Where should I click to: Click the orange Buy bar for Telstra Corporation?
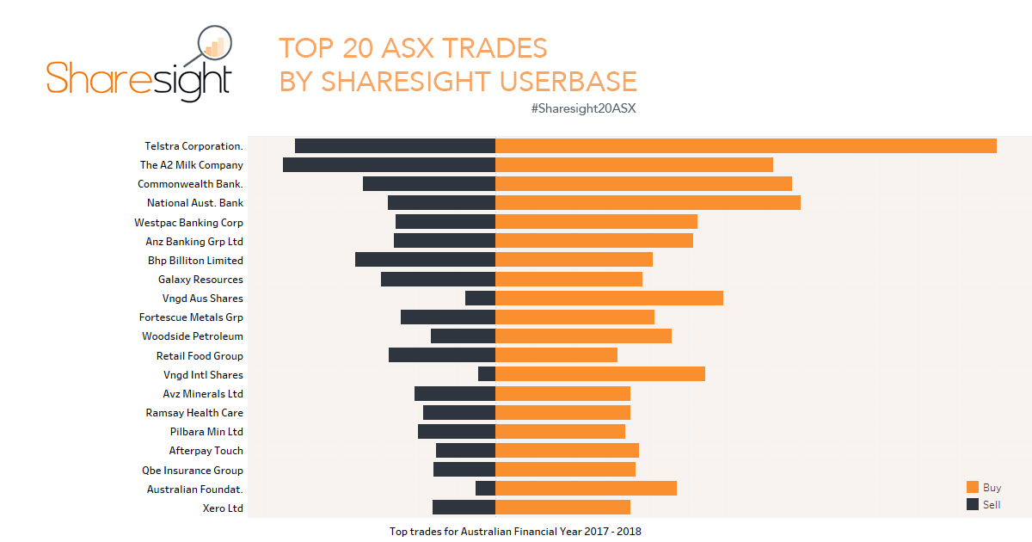746,145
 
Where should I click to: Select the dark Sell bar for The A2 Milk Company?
389,164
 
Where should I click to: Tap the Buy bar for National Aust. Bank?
648,202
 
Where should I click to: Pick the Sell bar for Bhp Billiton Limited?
425,259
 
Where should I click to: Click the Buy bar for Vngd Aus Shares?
609,298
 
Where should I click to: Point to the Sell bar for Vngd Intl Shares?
487,373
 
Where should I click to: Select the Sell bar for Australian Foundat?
485,488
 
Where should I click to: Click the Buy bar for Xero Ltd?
562,507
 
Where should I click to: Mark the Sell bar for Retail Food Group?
442,354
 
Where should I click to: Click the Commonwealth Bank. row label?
190,184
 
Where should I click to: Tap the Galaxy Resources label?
200,280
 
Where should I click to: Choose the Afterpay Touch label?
206,451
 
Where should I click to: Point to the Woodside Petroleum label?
193,336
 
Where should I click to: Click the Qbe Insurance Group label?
193,471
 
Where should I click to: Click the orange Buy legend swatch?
973,487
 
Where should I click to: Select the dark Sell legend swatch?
973,504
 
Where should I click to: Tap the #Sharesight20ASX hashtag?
583,108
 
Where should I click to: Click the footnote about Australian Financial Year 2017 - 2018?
527,532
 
